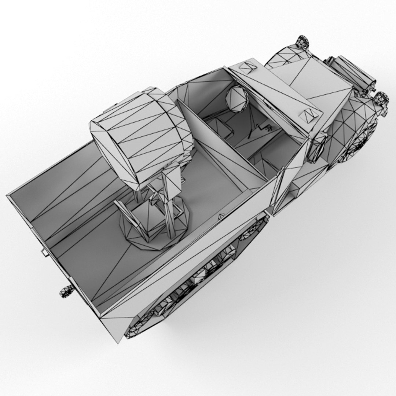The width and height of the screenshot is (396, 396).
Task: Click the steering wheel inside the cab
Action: coord(236,98)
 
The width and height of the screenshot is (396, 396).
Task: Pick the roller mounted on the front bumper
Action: coord(354,73)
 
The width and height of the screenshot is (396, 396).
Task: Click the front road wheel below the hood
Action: coord(357,143)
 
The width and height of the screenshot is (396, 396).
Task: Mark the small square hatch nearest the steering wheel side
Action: coord(246,67)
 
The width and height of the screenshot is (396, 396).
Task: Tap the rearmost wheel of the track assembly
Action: coord(137,324)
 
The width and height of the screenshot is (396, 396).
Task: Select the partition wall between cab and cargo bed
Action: coord(224,147)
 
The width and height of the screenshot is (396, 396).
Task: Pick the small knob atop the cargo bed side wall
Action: coord(221,216)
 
